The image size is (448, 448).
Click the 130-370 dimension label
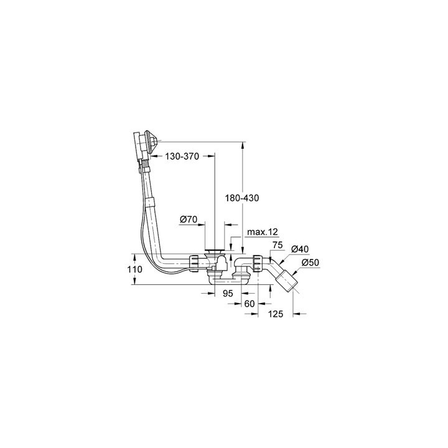tap(181, 157)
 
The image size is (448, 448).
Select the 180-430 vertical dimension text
tap(241, 197)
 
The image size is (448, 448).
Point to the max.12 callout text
tap(261, 231)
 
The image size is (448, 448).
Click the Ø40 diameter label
tap(300, 250)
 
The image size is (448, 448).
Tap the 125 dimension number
tap(276, 314)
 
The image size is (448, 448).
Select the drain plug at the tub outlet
tap(214, 251)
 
